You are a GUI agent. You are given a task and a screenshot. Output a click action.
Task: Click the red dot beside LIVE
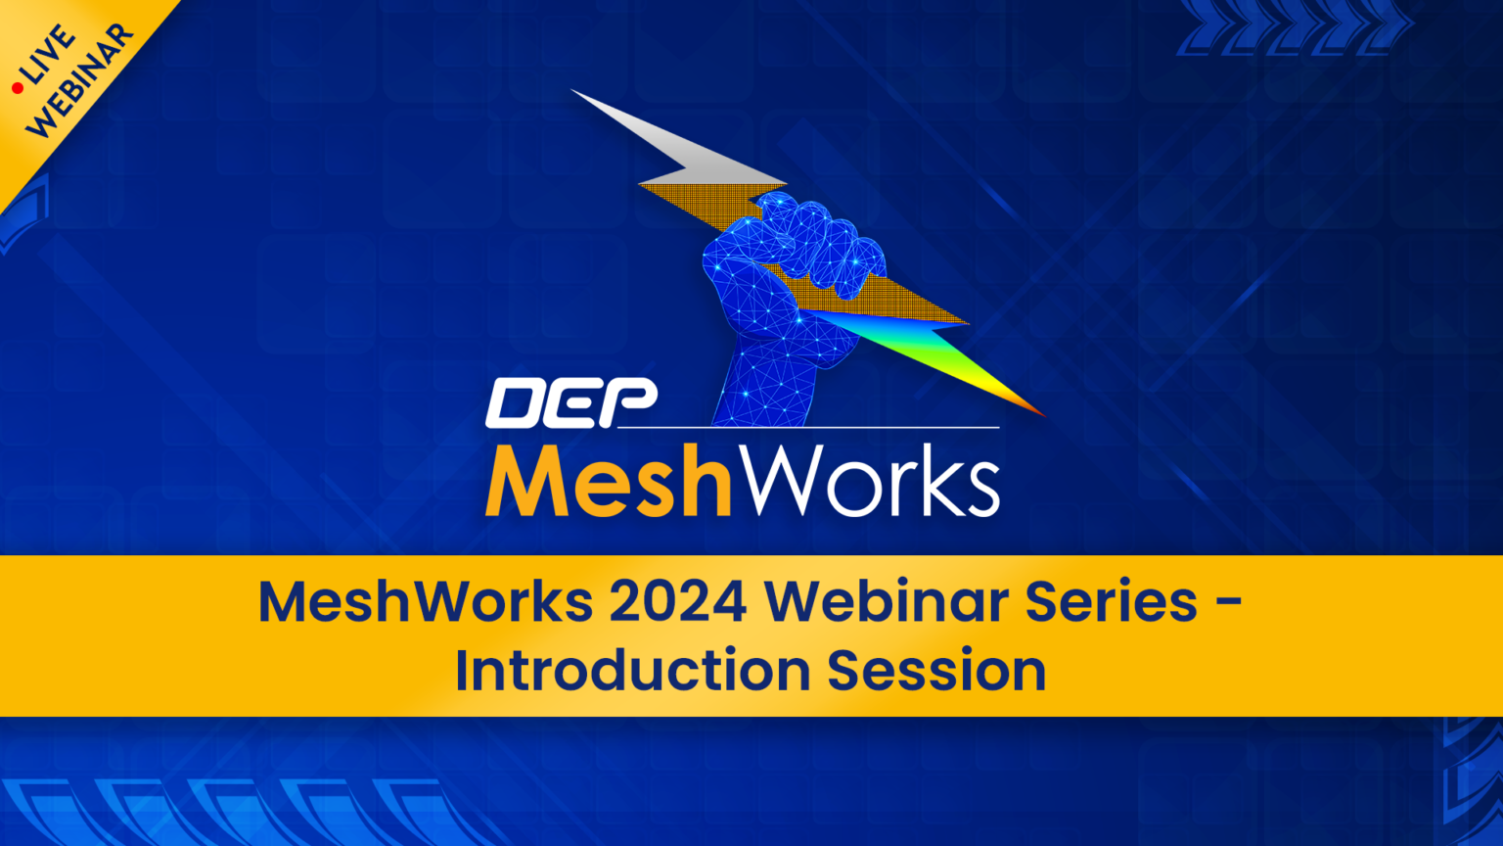coord(17,89)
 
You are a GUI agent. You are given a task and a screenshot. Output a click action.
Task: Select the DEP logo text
coord(571,403)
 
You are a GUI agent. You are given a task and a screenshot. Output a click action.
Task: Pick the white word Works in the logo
coord(866,481)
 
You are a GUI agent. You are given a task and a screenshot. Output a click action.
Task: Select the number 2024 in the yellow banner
coord(677,601)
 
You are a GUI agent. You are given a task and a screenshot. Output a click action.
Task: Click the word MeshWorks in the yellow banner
coord(426,601)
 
